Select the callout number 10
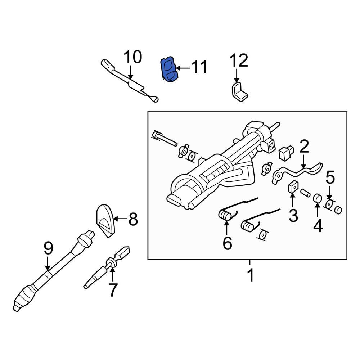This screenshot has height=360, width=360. [x=133, y=57]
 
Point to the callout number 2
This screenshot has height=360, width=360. [x=304, y=147]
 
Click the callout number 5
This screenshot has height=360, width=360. [x=330, y=178]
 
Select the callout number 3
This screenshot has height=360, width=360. [x=293, y=215]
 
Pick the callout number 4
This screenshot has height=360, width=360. [x=318, y=226]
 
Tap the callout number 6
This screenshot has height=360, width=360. [x=227, y=243]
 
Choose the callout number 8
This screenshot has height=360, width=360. [x=133, y=219]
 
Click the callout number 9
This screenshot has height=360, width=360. [x=48, y=249]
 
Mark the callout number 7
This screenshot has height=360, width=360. [x=113, y=290]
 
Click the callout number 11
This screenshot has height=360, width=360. [x=199, y=67]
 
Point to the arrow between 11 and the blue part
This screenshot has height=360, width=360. [x=182, y=68]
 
